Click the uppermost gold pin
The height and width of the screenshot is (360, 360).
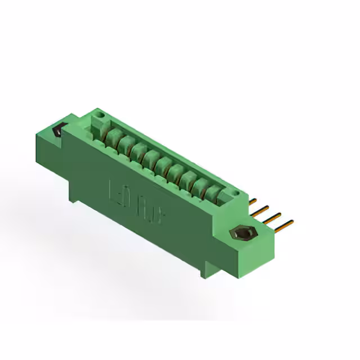pos(254,200)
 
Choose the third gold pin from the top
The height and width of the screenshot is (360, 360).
pos(273,217)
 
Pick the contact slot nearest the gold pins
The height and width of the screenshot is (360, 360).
pos(211,192)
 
